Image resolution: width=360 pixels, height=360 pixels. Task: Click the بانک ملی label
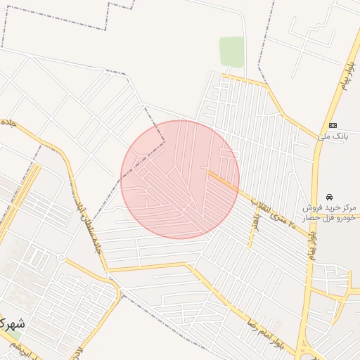333,136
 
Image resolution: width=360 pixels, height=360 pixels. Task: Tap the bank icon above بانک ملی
333,124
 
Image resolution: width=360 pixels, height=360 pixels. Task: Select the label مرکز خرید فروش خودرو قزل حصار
330,213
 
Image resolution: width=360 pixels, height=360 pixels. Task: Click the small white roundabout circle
61,258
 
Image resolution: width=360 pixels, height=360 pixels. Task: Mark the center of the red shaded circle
180,179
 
